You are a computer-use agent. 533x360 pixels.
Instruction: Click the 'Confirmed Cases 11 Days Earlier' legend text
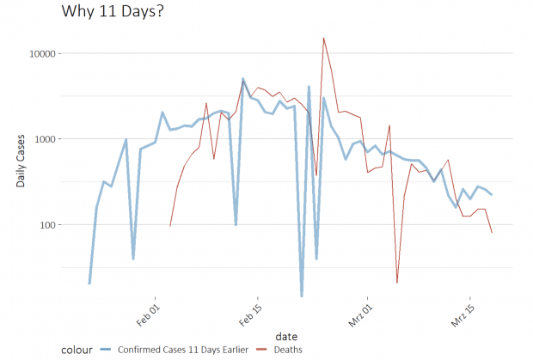tap(184, 349)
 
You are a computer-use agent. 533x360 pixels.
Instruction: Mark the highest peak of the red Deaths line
tap(323, 38)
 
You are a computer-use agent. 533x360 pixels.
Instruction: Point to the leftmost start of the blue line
tap(89, 284)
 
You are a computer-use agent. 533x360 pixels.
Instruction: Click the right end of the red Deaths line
tap(492, 233)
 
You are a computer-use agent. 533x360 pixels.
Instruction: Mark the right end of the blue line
tap(492, 195)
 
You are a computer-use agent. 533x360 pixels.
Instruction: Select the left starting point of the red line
tap(170, 226)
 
